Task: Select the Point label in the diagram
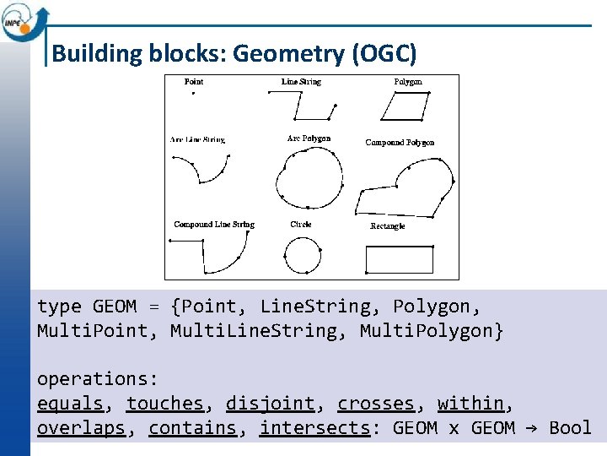pyautogui.click(x=194, y=82)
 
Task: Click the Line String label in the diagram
pyautogui.click(x=301, y=82)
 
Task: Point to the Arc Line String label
pyautogui.click(x=197, y=139)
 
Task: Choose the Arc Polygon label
pyautogui.click(x=309, y=138)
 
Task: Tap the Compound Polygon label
pyautogui.click(x=400, y=143)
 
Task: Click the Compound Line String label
pyautogui.click(x=214, y=225)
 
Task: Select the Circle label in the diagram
pyautogui.click(x=301, y=225)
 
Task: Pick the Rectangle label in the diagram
pyautogui.click(x=388, y=226)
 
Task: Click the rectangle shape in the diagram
pyautogui.click(x=400, y=259)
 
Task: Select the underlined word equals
pyautogui.click(x=70, y=404)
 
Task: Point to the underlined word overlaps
pyautogui.click(x=81, y=428)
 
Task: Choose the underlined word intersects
pyautogui.click(x=314, y=428)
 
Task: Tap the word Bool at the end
pyautogui.click(x=570, y=428)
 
